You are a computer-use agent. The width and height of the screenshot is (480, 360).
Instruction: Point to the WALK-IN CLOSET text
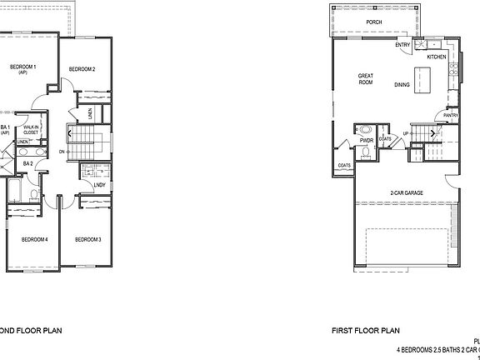click(x=31, y=129)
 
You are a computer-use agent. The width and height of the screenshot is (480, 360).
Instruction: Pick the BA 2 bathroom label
click(x=27, y=164)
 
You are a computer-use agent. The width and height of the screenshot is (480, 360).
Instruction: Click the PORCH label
click(x=374, y=23)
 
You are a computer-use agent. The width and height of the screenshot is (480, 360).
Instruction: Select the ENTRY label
click(x=402, y=45)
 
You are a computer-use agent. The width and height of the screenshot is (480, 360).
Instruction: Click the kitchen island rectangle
click(x=427, y=79)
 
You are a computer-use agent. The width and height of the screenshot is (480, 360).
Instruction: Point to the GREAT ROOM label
click(x=365, y=79)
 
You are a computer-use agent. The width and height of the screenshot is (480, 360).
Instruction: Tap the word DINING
click(x=402, y=83)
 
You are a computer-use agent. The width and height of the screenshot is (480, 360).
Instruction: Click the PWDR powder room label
click(x=366, y=141)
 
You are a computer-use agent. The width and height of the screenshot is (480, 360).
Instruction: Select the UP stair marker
click(x=406, y=133)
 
